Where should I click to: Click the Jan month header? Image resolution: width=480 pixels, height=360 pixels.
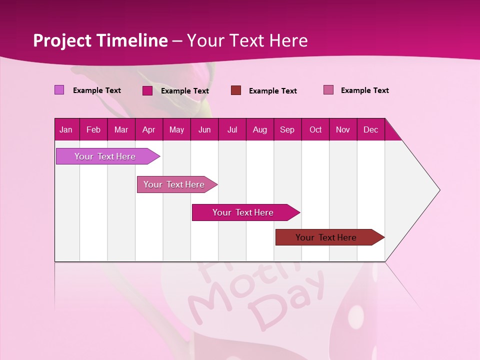coord(66,129)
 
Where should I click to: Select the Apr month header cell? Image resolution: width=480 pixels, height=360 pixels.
coord(149,129)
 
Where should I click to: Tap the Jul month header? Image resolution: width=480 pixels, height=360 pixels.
coord(232,129)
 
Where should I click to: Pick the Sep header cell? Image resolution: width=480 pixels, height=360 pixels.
coord(287,129)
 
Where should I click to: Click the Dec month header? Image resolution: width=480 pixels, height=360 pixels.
coord(370,129)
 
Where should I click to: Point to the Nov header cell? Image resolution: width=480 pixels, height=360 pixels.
coord(342,129)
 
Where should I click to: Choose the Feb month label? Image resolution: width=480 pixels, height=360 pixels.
coord(93,129)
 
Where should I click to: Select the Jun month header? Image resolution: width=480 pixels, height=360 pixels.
coord(204,129)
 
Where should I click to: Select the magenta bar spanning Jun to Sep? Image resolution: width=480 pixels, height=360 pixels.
coord(243,212)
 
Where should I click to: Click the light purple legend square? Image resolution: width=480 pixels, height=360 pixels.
coord(59,90)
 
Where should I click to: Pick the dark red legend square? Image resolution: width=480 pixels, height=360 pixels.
coord(236,90)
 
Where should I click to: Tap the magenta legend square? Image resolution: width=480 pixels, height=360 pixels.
coord(147,90)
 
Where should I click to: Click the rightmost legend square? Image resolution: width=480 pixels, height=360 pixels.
coord(328,90)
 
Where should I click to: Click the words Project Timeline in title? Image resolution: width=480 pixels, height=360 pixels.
coord(100,40)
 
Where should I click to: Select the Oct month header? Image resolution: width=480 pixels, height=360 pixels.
coord(315,129)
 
